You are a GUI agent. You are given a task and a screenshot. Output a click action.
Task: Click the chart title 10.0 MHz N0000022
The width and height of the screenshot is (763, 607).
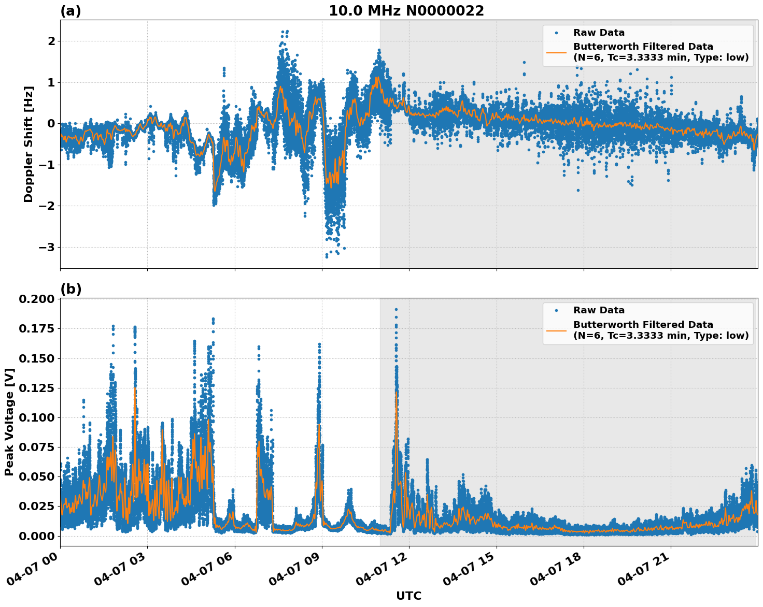[x=406, y=11]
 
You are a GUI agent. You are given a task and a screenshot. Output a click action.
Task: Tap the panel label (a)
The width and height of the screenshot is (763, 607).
[x=70, y=11]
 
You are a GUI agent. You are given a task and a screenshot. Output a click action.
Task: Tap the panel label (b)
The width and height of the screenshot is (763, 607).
[x=70, y=289]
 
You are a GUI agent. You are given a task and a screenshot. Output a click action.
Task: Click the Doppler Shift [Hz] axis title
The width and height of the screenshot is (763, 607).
[x=29, y=144]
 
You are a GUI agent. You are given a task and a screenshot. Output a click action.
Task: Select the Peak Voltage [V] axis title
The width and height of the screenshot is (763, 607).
[x=9, y=422]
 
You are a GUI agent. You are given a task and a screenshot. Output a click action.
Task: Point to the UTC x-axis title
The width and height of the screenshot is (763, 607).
[x=408, y=596]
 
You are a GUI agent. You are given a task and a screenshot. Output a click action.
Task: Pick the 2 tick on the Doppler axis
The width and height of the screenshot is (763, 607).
[x=51, y=41]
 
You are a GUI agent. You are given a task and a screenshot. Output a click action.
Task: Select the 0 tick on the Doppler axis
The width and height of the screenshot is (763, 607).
[x=51, y=123]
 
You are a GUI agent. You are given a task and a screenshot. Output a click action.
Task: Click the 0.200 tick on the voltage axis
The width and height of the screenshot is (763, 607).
[x=36, y=299]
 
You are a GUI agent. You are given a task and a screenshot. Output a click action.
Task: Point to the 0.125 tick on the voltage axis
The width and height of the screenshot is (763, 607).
[x=36, y=388]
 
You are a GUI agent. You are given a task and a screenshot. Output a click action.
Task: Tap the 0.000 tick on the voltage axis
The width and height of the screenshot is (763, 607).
[x=36, y=536]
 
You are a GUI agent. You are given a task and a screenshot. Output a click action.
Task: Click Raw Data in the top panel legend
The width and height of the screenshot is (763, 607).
[x=599, y=33]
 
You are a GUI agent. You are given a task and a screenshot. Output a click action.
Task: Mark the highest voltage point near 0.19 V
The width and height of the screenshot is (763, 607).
[x=396, y=309]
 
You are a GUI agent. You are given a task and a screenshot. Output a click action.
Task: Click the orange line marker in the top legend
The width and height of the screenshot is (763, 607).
[x=556, y=52]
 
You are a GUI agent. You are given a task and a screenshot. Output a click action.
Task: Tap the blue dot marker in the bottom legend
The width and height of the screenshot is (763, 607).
[x=556, y=310]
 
